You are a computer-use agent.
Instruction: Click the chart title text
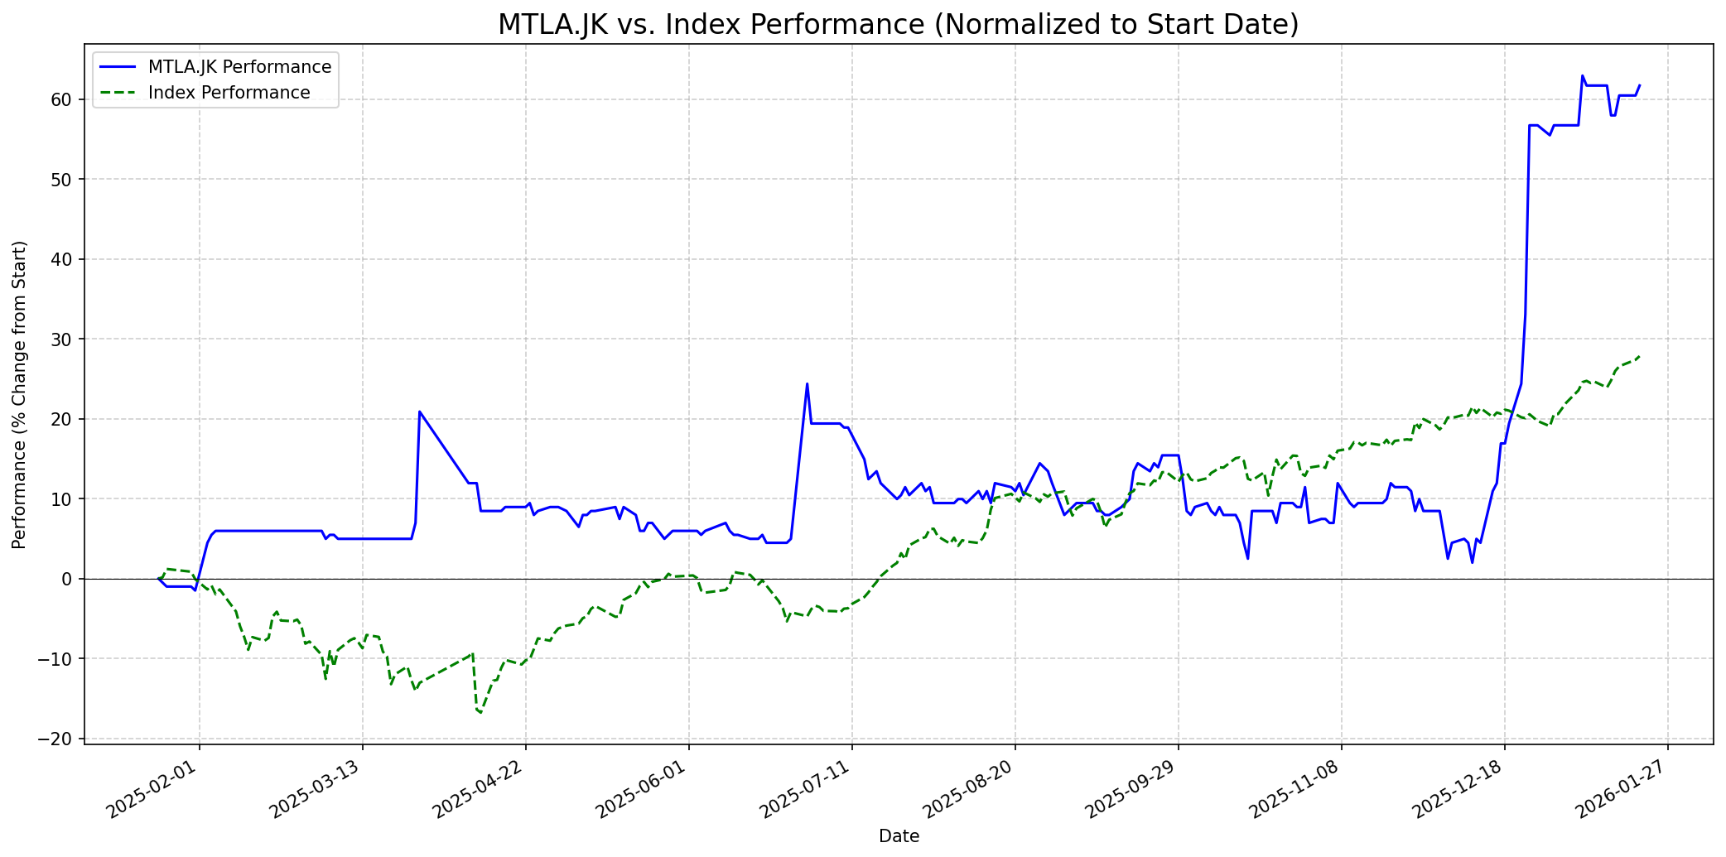pos(898,25)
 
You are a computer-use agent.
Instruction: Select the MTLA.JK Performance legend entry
pos(239,67)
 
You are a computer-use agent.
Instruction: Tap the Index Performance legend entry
pos(229,93)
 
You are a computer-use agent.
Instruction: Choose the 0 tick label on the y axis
pos(69,579)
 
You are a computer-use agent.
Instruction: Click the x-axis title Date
pos(899,836)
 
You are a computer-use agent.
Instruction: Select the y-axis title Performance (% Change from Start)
pos(20,394)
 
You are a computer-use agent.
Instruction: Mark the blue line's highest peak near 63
pos(1582,76)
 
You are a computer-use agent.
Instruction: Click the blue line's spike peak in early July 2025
pos(807,383)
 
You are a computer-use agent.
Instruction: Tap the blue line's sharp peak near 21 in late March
pos(420,412)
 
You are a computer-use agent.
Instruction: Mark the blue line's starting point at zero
pos(158,578)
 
